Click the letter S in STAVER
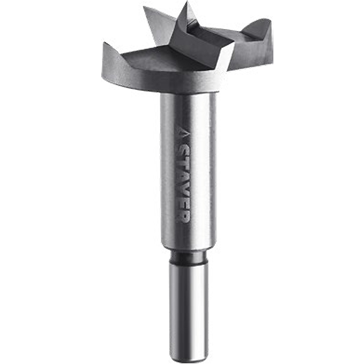182,152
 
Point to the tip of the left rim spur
104,44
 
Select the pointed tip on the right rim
270,20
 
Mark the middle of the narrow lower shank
189,309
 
